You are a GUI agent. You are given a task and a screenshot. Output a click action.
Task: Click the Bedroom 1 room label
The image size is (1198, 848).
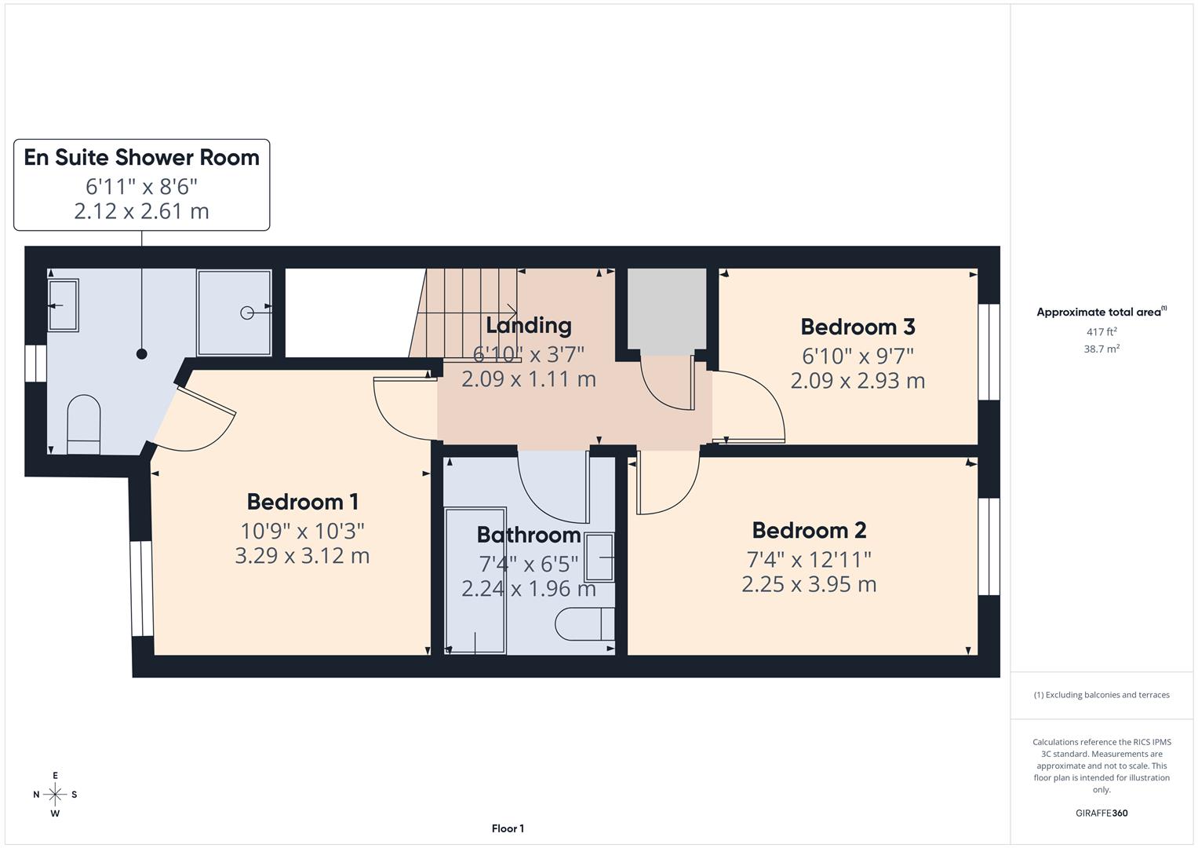click(x=302, y=502)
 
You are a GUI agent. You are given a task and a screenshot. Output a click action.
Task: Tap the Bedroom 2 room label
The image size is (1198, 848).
click(x=809, y=531)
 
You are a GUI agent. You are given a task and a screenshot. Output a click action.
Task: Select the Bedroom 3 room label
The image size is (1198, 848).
click(x=858, y=327)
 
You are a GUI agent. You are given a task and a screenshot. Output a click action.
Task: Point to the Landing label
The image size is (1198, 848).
click(x=528, y=325)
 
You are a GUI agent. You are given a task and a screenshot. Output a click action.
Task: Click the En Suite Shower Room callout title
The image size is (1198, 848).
click(x=141, y=158)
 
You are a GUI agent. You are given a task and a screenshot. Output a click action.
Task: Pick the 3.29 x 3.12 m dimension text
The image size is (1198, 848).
click(x=302, y=556)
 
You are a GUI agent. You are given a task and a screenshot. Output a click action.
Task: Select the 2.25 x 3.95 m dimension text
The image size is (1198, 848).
click(x=809, y=584)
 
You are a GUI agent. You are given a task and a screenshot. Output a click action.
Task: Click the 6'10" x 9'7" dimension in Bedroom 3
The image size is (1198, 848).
click(x=858, y=356)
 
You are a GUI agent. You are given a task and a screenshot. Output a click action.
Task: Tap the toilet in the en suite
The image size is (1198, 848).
click(x=84, y=424)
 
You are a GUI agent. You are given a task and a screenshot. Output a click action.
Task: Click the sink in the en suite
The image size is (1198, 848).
click(x=64, y=305)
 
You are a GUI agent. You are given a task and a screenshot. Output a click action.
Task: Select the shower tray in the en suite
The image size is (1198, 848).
click(x=235, y=313)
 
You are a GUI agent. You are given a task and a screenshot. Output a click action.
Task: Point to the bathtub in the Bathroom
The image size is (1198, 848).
click(x=475, y=581)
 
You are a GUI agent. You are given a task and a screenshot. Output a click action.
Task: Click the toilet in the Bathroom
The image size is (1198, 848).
click(x=584, y=625)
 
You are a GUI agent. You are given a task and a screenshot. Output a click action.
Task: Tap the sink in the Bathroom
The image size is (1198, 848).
click(x=600, y=557)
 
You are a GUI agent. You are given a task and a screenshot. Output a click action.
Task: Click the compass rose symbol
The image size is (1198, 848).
click(x=55, y=795)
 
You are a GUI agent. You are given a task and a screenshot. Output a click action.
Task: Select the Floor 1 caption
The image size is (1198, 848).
click(x=508, y=828)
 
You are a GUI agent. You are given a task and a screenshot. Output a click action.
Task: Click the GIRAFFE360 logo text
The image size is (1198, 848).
click(x=1101, y=813)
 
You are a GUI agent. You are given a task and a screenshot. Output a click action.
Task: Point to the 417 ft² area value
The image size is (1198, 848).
click(x=1101, y=332)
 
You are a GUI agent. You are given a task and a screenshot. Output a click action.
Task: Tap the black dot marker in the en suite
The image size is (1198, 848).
click(x=142, y=354)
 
